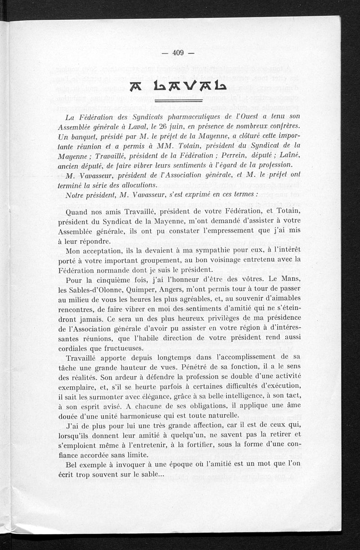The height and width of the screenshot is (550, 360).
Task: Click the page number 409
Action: (178, 53)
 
